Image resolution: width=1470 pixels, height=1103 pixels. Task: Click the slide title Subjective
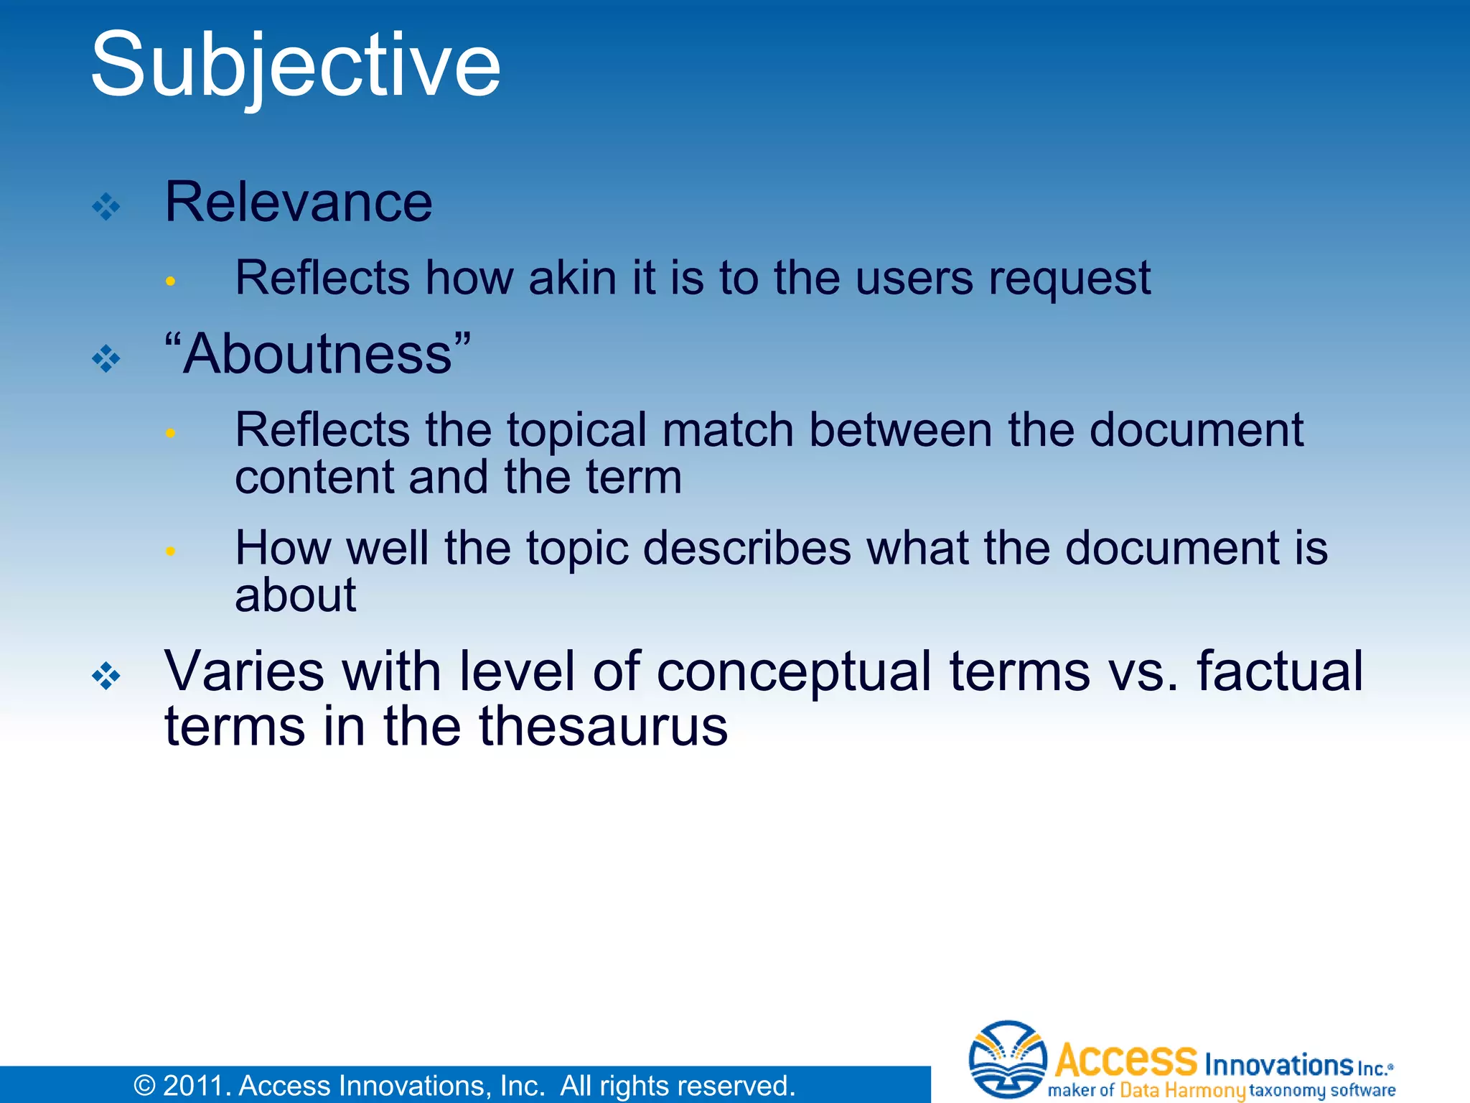tap(295, 66)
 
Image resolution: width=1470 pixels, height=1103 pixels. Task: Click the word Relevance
tap(298, 202)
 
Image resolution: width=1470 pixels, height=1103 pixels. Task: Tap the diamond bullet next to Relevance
tap(106, 207)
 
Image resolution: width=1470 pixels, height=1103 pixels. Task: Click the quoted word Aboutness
tap(317, 354)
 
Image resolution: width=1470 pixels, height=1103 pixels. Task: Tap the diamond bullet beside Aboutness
tap(106, 358)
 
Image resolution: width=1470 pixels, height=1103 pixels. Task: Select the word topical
tap(577, 431)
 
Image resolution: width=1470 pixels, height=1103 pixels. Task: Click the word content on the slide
tap(314, 478)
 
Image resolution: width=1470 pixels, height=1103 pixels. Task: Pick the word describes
tap(746, 549)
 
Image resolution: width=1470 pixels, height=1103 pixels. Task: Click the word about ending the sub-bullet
tap(295, 595)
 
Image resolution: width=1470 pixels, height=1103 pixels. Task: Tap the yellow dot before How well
tap(170, 551)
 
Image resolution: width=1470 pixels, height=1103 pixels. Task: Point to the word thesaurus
tap(602, 727)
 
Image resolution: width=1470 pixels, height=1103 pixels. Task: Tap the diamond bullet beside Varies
tap(106, 676)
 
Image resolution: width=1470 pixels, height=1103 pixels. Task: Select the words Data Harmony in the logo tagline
tap(1181, 1090)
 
